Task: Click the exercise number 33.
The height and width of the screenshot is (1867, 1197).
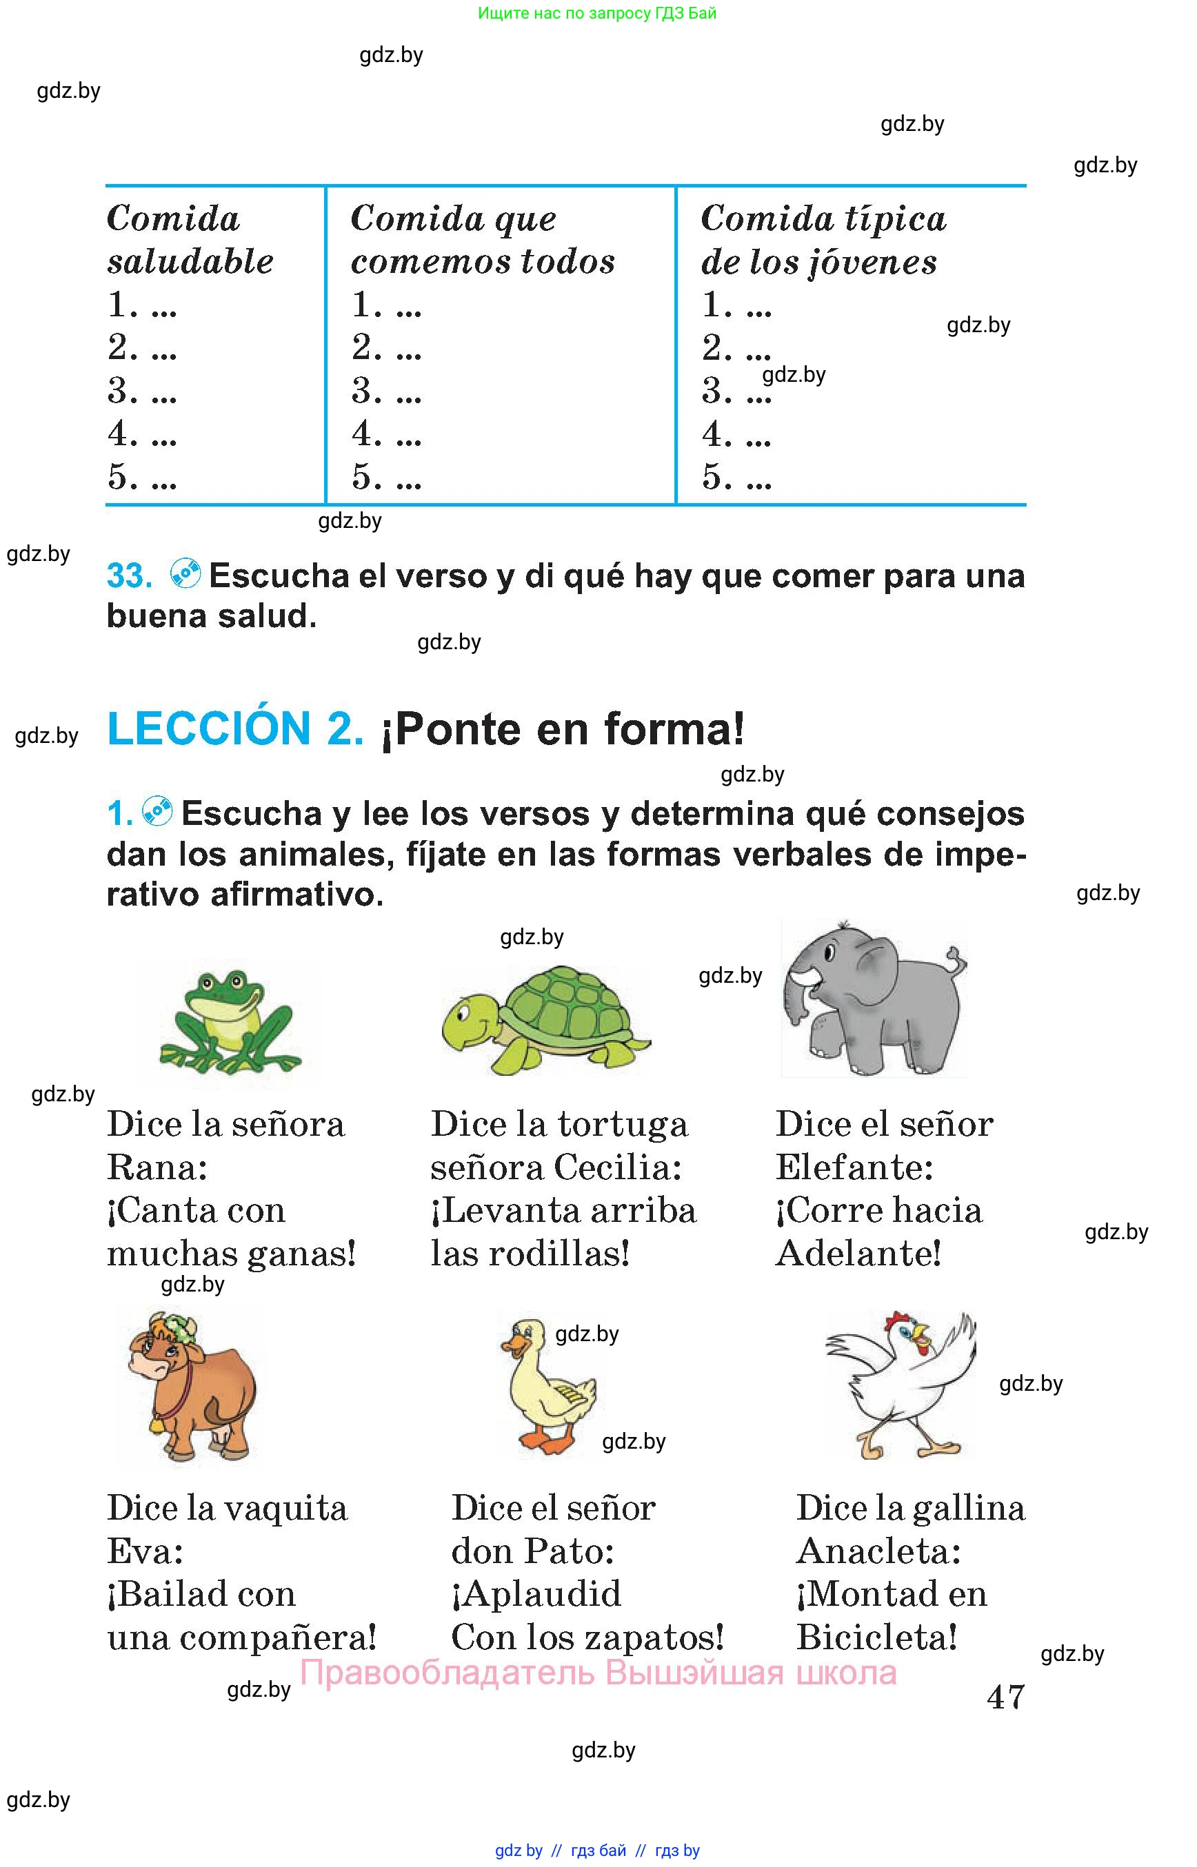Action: click(x=129, y=575)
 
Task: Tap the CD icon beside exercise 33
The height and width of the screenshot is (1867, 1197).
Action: click(x=185, y=573)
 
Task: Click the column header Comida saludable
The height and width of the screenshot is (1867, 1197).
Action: click(x=190, y=239)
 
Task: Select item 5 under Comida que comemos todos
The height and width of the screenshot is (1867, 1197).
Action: click(x=385, y=476)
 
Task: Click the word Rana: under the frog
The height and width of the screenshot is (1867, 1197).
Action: click(x=157, y=1167)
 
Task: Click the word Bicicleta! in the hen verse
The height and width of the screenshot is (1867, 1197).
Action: click(x=877, y=1638)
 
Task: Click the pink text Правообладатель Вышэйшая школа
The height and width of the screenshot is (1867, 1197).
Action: click(x=598, y=1673)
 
